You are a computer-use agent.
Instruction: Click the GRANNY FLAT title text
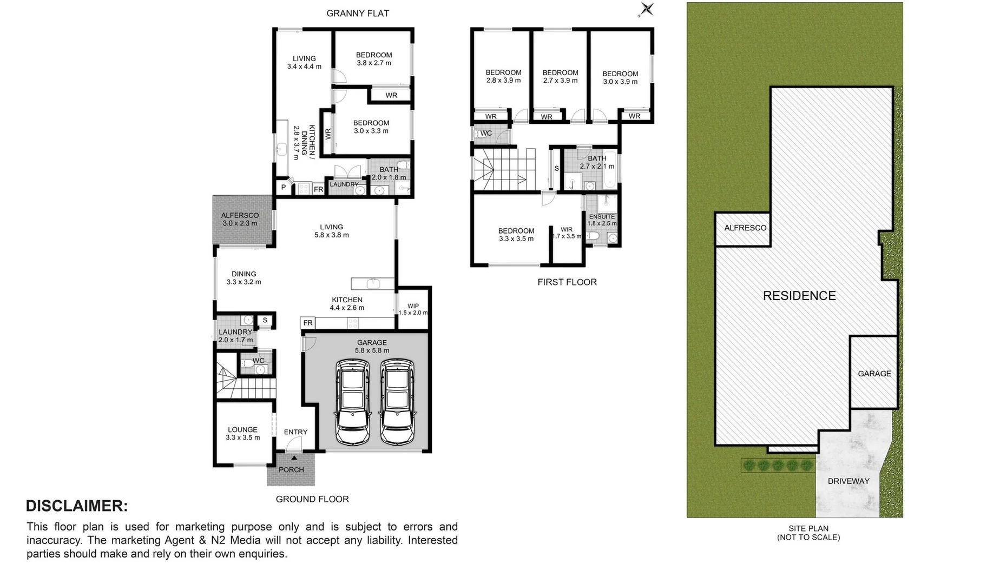[358, 14]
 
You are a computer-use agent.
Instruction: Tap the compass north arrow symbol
[647, 9]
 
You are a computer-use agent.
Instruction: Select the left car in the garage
[352, 401]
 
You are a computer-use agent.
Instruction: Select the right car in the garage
[397, 401]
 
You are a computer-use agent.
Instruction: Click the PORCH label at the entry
[291, 470]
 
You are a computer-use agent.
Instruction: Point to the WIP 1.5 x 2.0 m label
[413, 309]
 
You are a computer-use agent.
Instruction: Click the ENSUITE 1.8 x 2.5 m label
[602, 220]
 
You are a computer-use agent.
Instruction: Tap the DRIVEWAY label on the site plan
[848, 481]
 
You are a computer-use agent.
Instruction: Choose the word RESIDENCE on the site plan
[799, 296]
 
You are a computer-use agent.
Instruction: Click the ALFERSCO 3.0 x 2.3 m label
[240, 219]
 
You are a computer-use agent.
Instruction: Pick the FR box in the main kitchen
[308, 323]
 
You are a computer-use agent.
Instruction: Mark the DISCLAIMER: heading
[77, 506]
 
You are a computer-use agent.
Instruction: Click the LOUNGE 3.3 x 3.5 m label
[242, 434]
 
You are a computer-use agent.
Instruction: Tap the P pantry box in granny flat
[284, 188]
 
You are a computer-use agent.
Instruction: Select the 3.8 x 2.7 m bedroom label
[374, 59]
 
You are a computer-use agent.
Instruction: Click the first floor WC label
[486, 133]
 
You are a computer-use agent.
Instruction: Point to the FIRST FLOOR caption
[567, 282]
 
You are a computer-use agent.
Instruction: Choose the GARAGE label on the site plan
[874, 374]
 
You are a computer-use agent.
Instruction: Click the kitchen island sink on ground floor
[373, 283]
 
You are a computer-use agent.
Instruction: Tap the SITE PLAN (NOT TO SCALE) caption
[808, 533]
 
